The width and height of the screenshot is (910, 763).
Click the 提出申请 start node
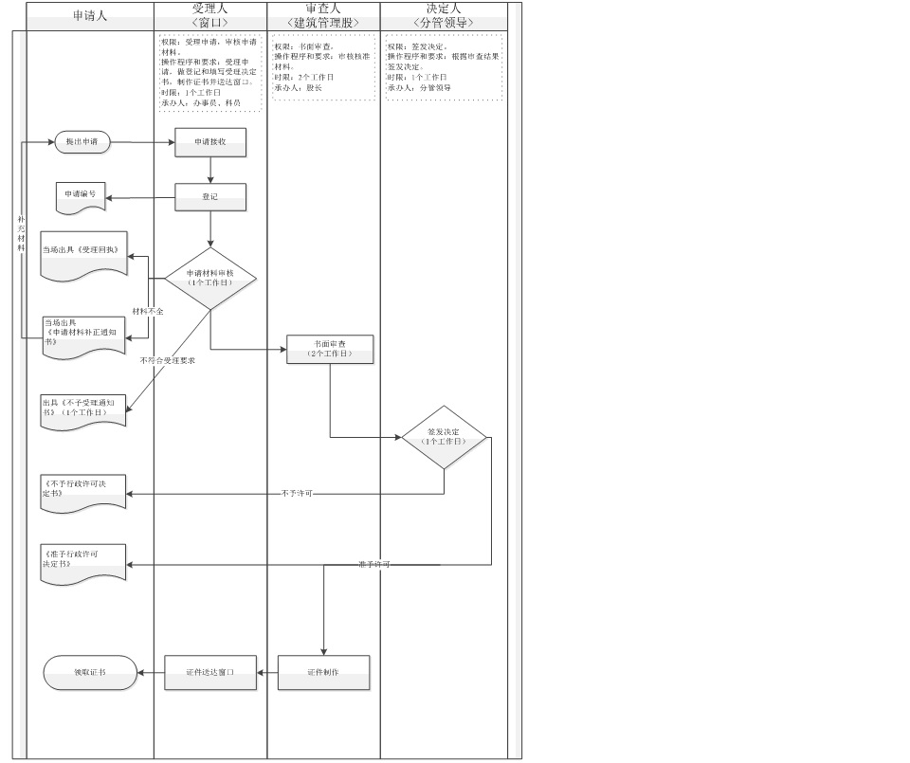point(82,142)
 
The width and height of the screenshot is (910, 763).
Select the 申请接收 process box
point(210,142)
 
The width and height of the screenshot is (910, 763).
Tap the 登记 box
point(210,196)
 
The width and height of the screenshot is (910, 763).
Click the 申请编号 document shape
point(81,195)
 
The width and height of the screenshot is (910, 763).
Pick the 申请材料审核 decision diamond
point(210,278)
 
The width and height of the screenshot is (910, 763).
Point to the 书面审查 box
point(330,349)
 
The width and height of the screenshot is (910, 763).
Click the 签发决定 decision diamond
point(444,438)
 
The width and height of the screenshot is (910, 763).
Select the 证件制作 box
point(323,672)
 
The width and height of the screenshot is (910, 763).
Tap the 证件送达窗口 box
point(210,672)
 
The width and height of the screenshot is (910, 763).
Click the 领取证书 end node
point(91,673)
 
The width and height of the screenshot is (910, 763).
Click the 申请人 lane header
point(90,16)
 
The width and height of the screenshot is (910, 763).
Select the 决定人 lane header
point(444,15)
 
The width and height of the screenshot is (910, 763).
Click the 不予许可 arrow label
point(297,494)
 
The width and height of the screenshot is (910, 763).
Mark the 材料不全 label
point(148,311)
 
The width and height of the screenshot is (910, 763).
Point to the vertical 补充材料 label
point(21,233)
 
